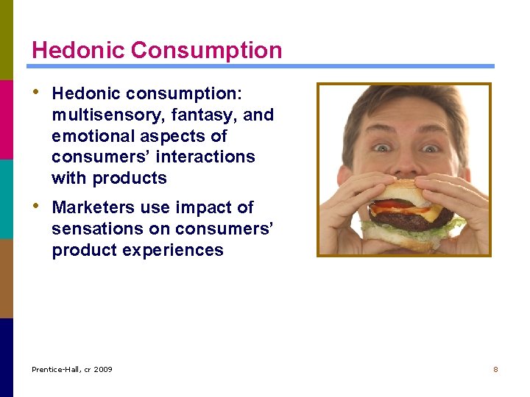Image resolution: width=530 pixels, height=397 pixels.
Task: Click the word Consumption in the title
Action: [x=207, y=51]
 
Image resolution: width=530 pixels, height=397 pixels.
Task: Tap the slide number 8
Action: [x=495, y=369]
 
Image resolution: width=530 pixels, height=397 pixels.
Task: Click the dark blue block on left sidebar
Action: [x=7, y=357]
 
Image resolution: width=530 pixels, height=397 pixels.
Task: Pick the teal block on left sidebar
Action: [x=7, y=198]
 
